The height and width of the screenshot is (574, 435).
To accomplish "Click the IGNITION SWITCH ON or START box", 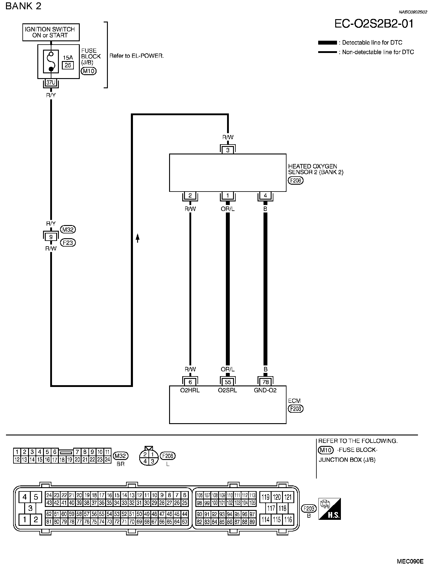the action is coord(51,32).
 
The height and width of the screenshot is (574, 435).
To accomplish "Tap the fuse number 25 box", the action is coord(68,65).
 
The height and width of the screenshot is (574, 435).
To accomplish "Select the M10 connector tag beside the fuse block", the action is coord(88,71).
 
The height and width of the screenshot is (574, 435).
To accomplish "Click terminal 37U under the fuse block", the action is coord(51,82).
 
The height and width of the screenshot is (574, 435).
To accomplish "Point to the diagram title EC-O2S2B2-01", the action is coord(374,24).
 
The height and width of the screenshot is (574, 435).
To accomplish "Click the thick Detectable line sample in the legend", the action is coord(327,43).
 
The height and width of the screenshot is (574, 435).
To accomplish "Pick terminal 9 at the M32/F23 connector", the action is coord(51,237).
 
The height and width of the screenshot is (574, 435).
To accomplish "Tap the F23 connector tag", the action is coord(68,243).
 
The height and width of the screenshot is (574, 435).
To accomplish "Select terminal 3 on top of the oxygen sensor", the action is coord(228,150).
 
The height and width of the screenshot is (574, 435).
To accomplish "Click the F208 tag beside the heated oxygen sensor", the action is coord(296,180).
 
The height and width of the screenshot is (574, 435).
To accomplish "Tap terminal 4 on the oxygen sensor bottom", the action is coord(265,196).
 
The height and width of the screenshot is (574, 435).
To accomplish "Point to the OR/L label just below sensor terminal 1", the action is coord(228,209).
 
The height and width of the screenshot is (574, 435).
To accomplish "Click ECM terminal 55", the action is coord(228,382).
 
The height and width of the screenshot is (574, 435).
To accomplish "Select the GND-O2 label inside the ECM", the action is coord(265,390).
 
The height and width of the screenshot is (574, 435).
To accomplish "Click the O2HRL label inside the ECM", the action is coord(190,390).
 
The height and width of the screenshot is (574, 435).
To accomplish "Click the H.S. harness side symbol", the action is coord(330,509).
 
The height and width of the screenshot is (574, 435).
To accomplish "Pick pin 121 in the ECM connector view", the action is coord(288,497).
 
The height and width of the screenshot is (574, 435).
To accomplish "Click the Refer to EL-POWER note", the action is coord(137,56).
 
